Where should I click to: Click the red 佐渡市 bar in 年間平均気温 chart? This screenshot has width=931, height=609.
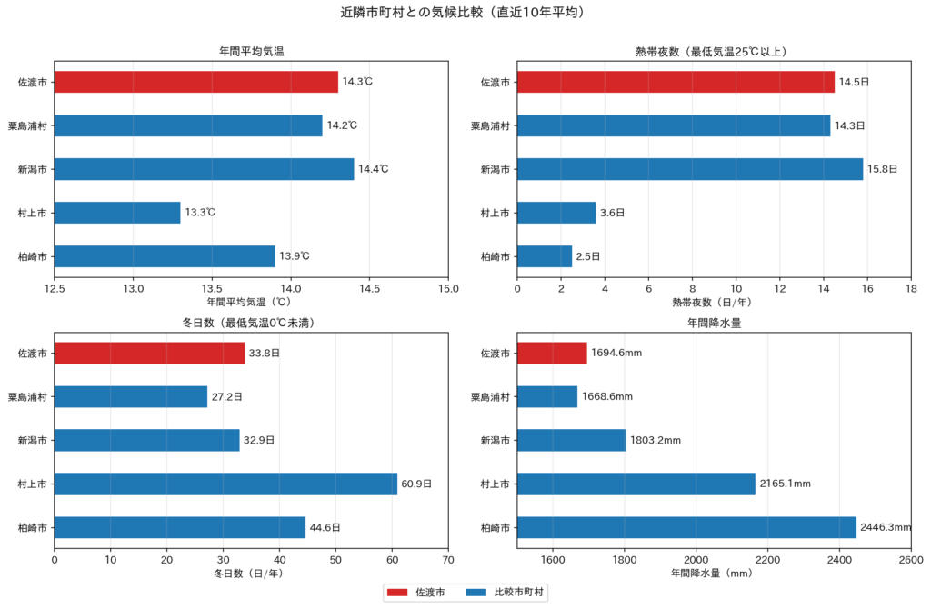tap(196, 82)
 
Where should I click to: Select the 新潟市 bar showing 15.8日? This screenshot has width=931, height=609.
tap(690, 169)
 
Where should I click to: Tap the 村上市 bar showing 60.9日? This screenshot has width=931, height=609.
tap(225, 484)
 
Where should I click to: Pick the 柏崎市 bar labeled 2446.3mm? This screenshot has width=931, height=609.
tap(686, 527)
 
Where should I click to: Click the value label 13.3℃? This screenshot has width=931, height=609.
tap(200, 213)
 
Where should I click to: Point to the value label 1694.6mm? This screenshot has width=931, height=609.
tap(616, 353)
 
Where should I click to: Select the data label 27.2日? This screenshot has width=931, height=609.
tap(226, 396)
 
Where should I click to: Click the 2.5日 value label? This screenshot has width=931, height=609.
tap(588, 256)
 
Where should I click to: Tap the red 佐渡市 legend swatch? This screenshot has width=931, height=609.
tap(397, 593)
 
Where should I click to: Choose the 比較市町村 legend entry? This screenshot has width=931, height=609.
tap(518, 593)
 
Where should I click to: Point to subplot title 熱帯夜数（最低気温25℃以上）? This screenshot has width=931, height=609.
tap(714, 52)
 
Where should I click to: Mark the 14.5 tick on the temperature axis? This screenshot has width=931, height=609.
tap(369, 288)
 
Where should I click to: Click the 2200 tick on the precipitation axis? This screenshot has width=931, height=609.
tap(767, 560)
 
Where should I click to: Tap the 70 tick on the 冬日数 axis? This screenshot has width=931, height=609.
tap(448, 560)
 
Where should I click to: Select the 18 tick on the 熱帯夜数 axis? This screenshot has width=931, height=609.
tap(911, 288)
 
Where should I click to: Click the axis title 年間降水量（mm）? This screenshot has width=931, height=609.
tap(714, 574)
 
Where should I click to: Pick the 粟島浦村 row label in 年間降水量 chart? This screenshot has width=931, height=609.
tap(490, 396)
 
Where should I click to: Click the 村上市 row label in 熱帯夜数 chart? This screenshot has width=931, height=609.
tap(496, 213)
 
